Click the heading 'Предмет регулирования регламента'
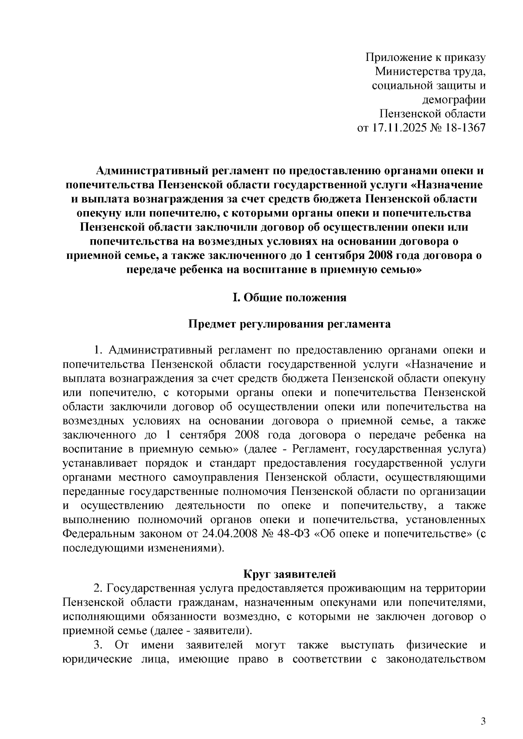[x=289, y=324]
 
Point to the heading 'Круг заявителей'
[x=289, y=574]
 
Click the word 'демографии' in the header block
[x=454, y=100]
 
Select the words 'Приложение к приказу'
[x=425, y=57]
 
